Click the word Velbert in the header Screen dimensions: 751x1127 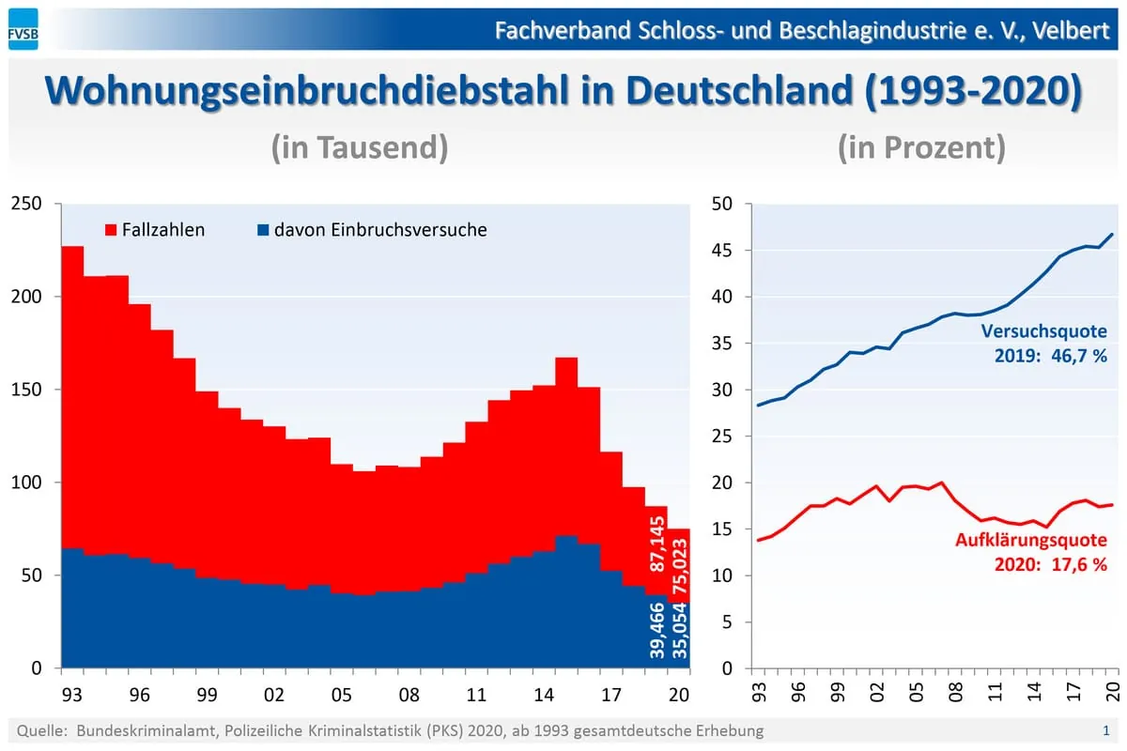[x=1073, y=30]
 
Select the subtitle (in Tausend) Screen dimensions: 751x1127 [x=359, y=147]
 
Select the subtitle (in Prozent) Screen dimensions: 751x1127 [x=920, y=147]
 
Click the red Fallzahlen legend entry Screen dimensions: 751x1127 [x=155, y=229]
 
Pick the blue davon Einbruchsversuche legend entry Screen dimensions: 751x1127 [x=371, y=229]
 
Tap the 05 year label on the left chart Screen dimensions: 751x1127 [x=341, y=696]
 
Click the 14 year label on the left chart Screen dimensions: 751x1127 [x=544, y=696]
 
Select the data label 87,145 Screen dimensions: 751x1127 [x=657, y=544]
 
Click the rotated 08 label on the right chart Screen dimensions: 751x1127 [x=955, y=696]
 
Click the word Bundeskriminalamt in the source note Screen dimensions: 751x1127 [x=132, y=730]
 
